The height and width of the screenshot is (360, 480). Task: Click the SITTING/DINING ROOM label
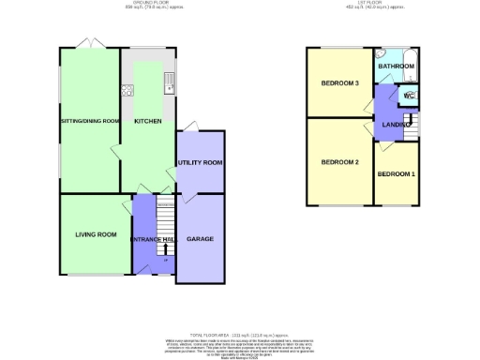click(90, 121)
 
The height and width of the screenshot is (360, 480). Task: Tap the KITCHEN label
click(147, 121)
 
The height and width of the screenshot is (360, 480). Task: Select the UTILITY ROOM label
click(200, 162)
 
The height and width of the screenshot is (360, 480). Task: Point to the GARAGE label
click(200, 239)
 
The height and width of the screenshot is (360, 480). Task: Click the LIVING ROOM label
click(95, 234)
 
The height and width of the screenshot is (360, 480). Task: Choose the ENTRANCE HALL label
click(153, 240)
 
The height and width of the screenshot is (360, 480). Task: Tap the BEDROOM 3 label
click(340, 83)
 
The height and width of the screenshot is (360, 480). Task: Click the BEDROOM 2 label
click(340, 162)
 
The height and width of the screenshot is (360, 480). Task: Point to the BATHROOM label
click(396, 67)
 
